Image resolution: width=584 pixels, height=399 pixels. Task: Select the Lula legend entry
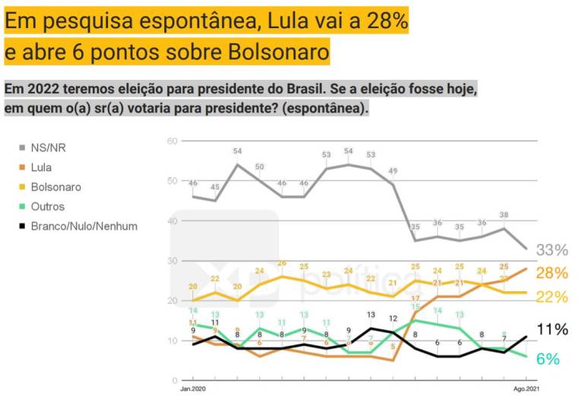47,167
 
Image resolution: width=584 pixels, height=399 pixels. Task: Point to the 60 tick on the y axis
172,141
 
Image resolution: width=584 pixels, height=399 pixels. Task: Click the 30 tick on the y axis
172,261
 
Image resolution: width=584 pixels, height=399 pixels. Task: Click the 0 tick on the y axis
174,380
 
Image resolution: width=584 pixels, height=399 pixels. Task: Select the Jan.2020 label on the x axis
193,389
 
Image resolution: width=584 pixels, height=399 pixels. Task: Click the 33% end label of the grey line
553,250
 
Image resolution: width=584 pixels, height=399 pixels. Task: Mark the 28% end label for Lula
553,273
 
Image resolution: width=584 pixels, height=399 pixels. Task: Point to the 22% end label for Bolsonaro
553,296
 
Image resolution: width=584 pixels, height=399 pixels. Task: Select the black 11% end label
553,329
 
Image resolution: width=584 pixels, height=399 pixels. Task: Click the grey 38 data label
503,214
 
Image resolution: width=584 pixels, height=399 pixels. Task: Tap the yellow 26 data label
281,263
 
